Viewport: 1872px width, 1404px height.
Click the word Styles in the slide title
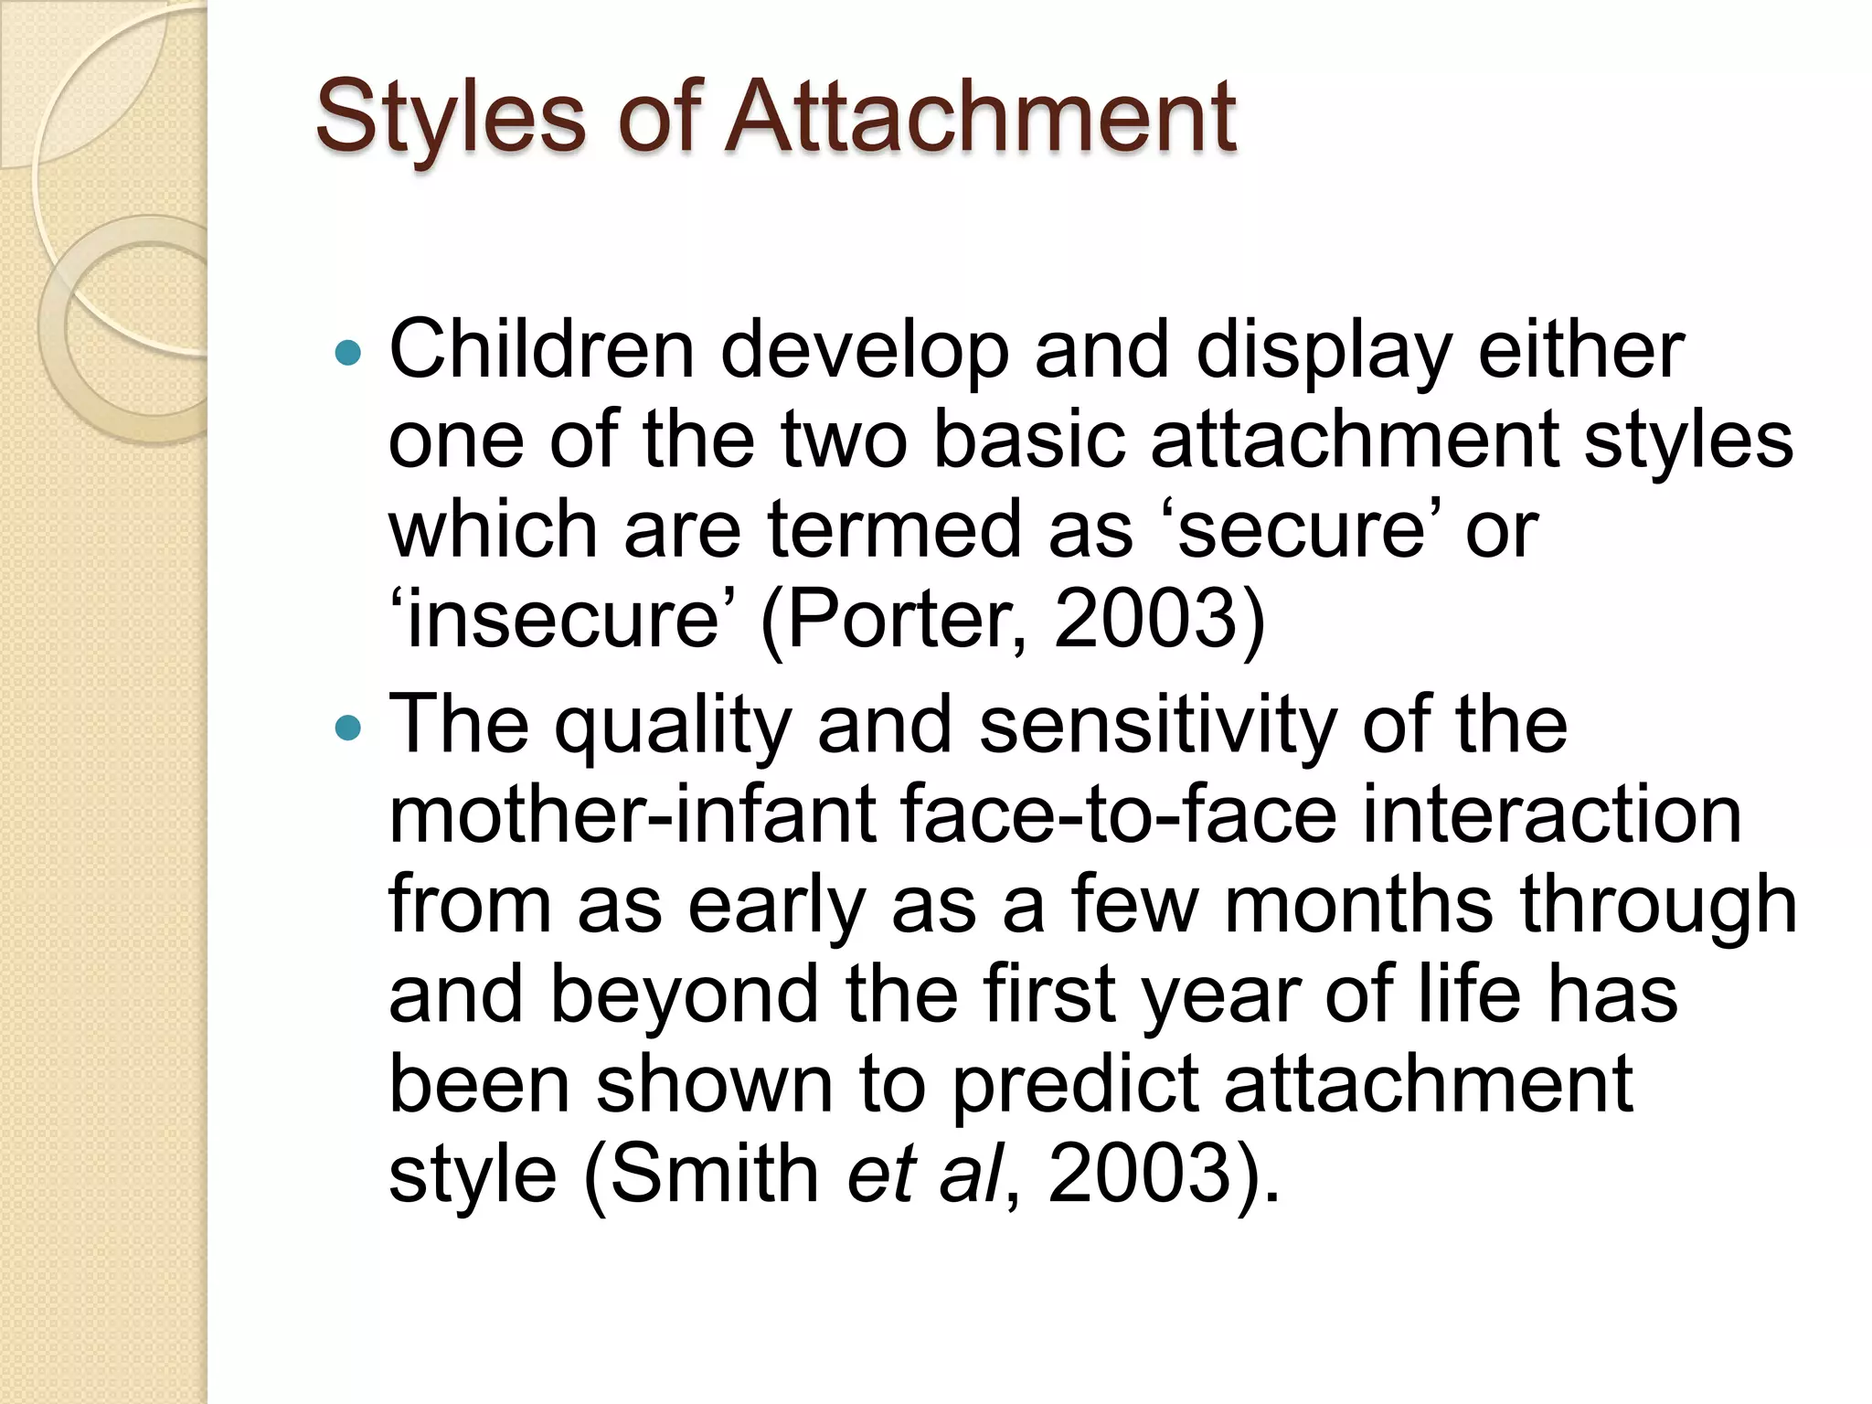click(x=450, y=117)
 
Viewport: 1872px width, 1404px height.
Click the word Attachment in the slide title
click(x=980, y=117)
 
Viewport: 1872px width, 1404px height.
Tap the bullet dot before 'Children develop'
click(x=348, y=352)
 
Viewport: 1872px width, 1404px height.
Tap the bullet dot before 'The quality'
click(x=348, y=728)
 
